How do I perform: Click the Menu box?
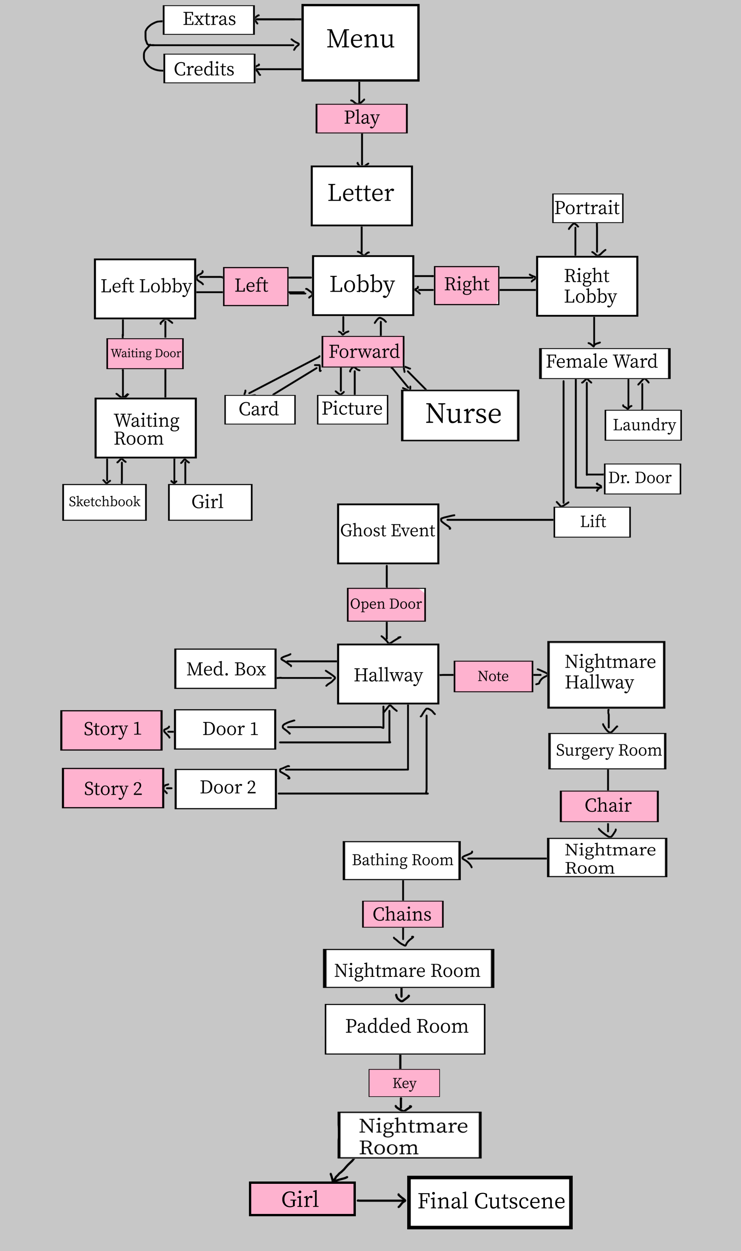coord(360,42)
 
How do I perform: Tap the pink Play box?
coord(362,119)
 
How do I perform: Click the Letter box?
coord(362,196)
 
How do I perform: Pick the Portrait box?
coord(587,208)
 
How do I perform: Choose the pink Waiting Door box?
coord(145,354)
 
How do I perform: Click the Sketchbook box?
coord(104,502)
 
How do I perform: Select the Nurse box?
coord(460,415)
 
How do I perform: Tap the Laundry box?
coord(643,425)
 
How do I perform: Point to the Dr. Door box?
coord(642,478)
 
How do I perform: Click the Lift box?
coord(592,522)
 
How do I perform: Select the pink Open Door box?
coord(386,604)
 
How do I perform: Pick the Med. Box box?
coord(225,669)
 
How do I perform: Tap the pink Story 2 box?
coord(113,788)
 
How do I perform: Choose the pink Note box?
coord(493,676)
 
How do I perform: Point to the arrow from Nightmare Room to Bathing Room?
coord(504,858)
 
